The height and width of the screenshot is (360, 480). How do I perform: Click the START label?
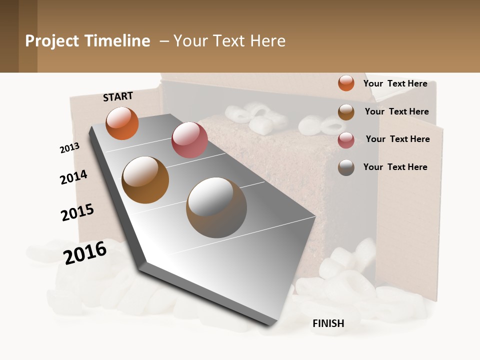[x=118, y=96]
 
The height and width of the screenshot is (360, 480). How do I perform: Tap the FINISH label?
[x=328, y=323]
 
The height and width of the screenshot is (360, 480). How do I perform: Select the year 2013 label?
[x=69, y=148]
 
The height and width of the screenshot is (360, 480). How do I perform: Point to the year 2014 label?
[x=73, y=177]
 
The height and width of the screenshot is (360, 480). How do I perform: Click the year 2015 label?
[x=77, y=212]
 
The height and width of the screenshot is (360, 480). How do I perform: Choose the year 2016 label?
[x=85, y=252]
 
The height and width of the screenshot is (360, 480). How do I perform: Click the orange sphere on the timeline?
[x=122, y=123]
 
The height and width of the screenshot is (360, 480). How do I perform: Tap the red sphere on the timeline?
[x=189, y=140]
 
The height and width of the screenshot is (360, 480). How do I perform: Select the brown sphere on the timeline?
[x=145, y=180]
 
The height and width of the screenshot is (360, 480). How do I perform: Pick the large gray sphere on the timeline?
[x=216, y=207]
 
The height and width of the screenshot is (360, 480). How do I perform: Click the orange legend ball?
[x=346, y=83]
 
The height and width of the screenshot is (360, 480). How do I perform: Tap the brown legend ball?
[x=346, y=112]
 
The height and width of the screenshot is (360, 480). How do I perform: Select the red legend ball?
[x=346, y=140]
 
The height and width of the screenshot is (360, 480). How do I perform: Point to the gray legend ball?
[x=346, y=167]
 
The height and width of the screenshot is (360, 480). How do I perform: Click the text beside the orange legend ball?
[x=395, y=83]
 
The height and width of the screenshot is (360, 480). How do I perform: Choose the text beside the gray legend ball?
[x=395, y=167]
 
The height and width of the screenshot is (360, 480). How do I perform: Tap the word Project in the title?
[x=52, y=41]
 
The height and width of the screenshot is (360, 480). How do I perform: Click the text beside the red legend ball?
[x=397, y=139]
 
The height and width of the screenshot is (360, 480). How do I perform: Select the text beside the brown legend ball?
[x=396, y=111]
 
